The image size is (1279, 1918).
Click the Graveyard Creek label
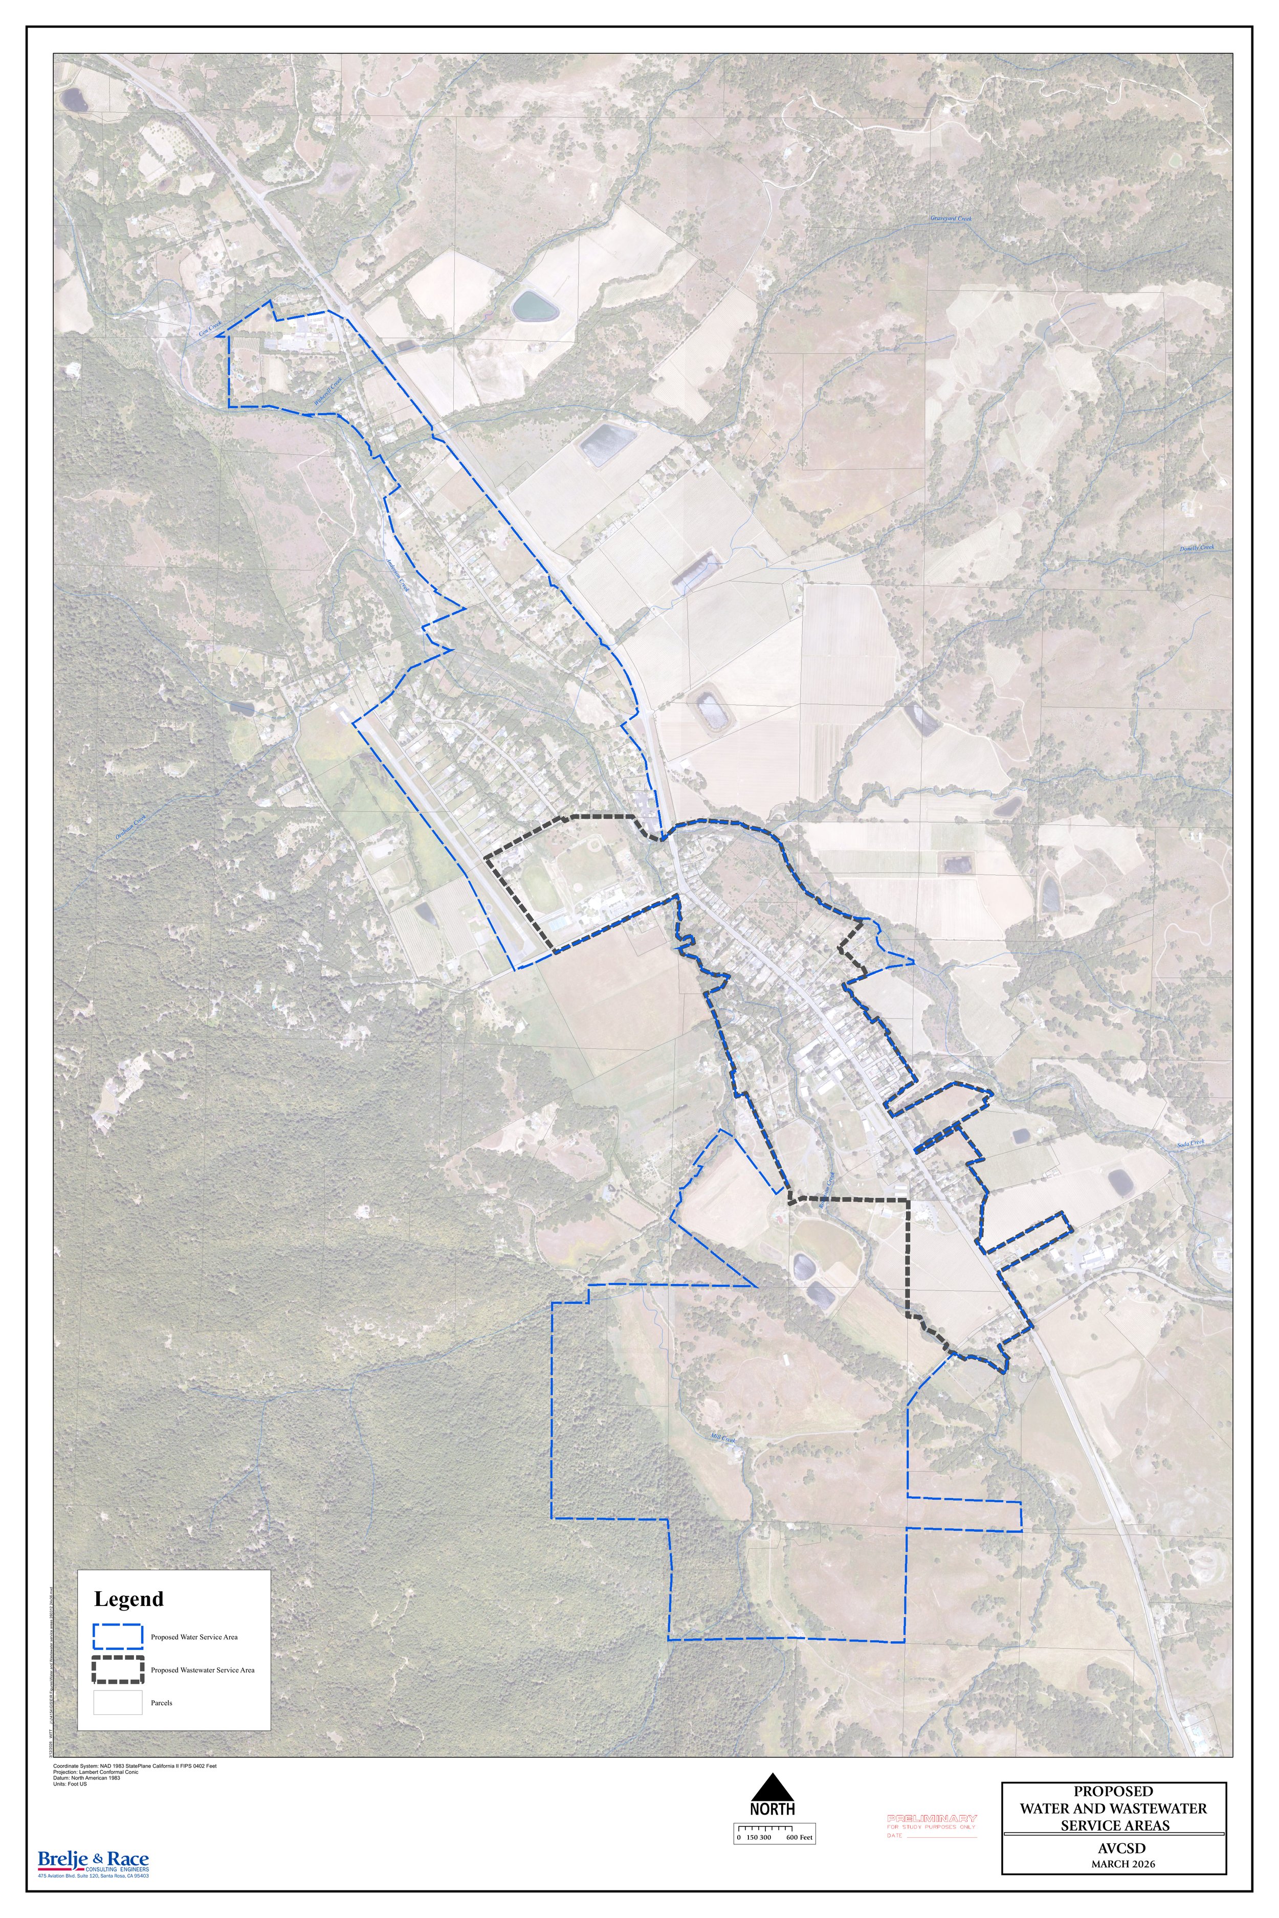click(951, 219)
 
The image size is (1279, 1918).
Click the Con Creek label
click(210, 331)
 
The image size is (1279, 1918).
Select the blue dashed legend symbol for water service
click(118, 1636)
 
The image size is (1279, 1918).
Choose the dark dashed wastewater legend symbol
click(118, 1669)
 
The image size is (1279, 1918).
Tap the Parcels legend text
click(162, 1703)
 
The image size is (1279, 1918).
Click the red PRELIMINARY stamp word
click(932, 1818)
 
